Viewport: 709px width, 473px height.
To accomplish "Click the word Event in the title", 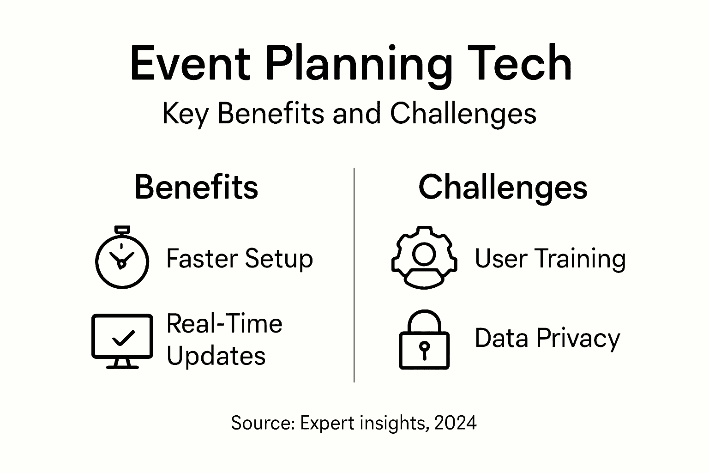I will click(190, 64).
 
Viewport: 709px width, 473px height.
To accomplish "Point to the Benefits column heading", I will click(196, 187).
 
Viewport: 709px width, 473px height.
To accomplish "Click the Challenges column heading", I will click(503, 187).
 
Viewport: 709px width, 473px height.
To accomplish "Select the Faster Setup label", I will click(239, 258).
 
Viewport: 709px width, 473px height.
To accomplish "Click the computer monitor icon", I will click(122, 341).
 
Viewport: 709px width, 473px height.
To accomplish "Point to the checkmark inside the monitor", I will click(123, 338).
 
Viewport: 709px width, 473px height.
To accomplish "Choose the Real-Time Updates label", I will click(224, 340).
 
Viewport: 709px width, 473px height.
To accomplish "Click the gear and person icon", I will click(424, 258).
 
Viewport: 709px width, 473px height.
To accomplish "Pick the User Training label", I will click(550, 258).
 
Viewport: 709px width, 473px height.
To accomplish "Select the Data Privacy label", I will click(547, 338).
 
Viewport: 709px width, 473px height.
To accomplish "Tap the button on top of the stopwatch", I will click(122, 230).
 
